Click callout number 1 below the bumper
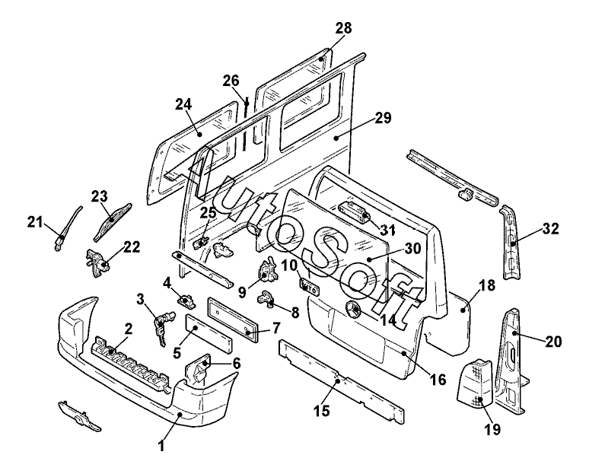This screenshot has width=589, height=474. click(161, 446)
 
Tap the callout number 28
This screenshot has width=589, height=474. click(343, 28)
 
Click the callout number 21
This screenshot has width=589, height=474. click(34, 222)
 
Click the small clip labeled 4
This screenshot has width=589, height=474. click(187, 299)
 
